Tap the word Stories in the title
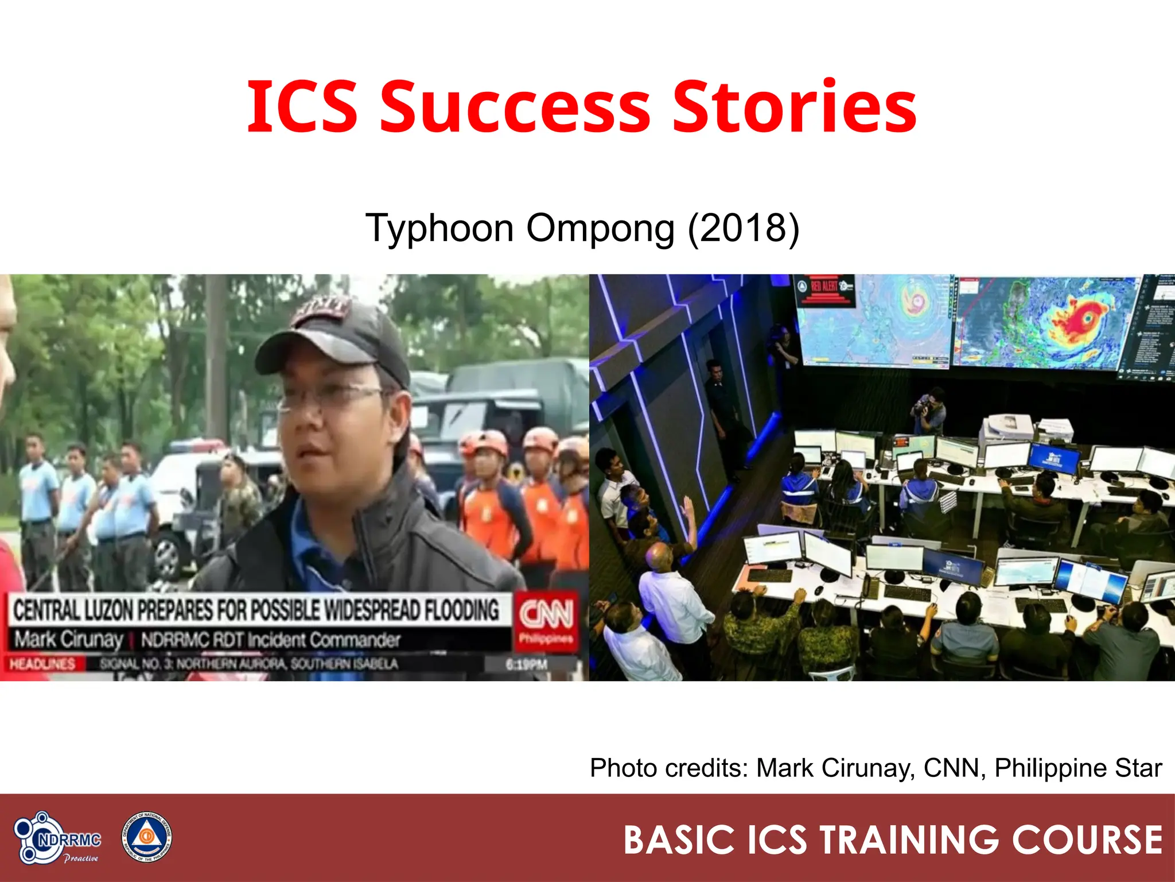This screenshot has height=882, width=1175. (794, 107)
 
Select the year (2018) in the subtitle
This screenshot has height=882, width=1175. (743, 229)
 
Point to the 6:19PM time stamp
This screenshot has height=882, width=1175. (526, 664)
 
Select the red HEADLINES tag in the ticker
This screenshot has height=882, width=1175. (42, 664)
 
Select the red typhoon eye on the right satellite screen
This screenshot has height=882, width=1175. (1086, 318)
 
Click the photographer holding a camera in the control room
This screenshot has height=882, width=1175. (928, 409)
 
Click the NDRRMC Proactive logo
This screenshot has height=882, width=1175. (57, 838)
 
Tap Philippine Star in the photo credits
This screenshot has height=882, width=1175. (1078, 768)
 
